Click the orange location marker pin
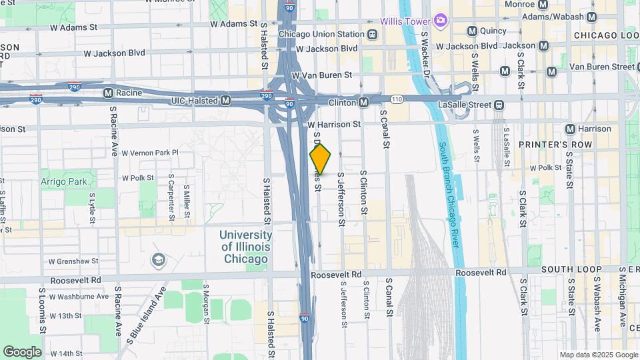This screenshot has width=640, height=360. click(321, 159)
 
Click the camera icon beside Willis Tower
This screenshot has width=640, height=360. click(439, 21)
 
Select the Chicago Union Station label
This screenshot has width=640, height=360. click(321, 34)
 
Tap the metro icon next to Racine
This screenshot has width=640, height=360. click(108, 93)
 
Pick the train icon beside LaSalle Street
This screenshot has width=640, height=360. click(499, 105)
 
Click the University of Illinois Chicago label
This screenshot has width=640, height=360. click(245, 247)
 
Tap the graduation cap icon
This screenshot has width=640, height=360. click(159, 259)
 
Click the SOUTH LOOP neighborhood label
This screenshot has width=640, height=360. click(571, 270)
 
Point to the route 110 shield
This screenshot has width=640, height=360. click(397, 99)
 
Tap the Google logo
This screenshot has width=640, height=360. click(22, 351)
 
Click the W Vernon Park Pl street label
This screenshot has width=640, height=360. click(150, 153)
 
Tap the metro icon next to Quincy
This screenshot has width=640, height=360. click(472, 31)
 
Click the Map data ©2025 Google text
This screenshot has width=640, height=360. click(598, 355)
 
